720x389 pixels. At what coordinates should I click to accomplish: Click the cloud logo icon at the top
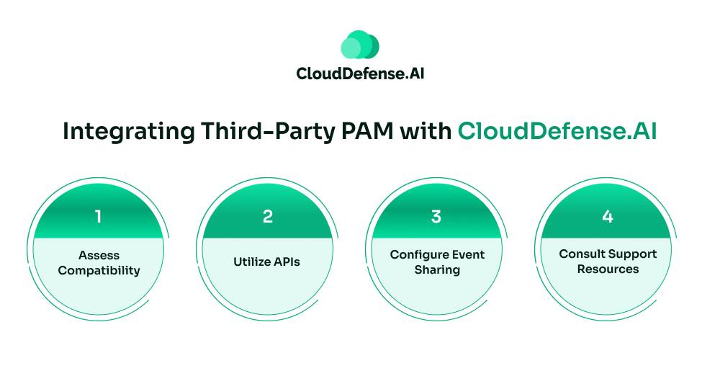click(x=360, y=45)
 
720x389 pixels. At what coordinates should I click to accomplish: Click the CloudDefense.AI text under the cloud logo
click(x=360, y=73)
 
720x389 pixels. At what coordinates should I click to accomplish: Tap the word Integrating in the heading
click(x=129, y=132)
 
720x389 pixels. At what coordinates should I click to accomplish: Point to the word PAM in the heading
click(x=367, y=131)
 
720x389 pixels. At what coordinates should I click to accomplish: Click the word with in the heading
click(x=426, y=131)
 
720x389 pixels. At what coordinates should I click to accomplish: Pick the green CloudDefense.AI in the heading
click(x=557, y=131)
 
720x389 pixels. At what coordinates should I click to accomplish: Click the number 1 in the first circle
click(x=98, y=216)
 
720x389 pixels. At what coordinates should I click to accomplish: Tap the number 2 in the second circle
click(x=268, y=216)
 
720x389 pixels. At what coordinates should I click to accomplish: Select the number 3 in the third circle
click(x=436, y=216)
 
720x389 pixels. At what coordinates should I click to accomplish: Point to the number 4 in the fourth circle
click(x=608, y=216)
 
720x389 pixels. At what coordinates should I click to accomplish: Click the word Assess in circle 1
click(x=99, y=255)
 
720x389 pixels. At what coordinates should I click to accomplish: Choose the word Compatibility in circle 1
click(x=99, y=271)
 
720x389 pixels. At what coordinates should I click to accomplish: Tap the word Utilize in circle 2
click(x=251, y=261)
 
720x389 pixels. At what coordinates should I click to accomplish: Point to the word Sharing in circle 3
click(x=437, y=270)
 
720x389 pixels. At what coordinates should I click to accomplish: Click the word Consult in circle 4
click(x=580, y=254)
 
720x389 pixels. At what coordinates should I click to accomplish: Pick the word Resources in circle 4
click(x=608, y=269)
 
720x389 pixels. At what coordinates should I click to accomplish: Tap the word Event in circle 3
click(x=469, y=255)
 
